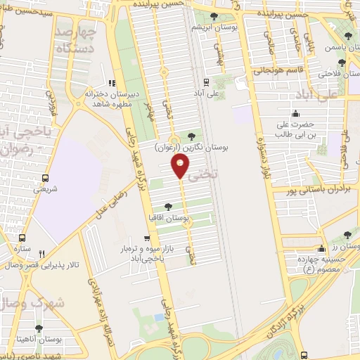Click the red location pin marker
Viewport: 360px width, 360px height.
[180, 166]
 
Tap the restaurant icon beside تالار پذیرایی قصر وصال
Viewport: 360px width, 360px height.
[42, 254]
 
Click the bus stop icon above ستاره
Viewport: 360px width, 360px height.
[22, 238]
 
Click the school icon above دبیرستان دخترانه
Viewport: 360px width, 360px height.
[111, 83]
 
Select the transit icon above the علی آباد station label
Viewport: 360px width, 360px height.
[206, 81]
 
